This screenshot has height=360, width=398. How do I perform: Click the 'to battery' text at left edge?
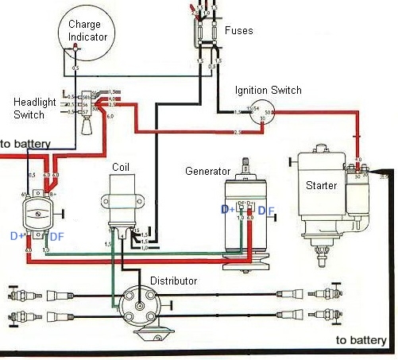[x=25, y=144]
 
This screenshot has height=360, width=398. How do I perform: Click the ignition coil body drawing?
[x=122, y=203]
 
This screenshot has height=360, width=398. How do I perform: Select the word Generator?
[x=207, y=171]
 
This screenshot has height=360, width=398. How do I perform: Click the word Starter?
[x=321, y=185]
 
